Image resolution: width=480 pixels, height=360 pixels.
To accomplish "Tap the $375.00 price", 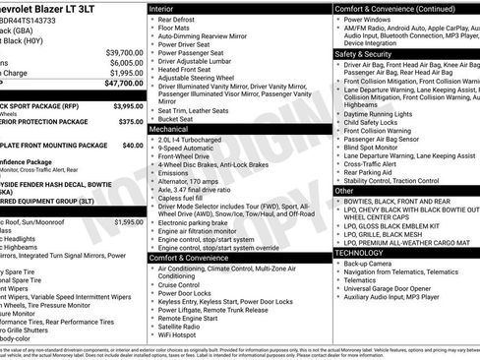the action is [x=130, y=122].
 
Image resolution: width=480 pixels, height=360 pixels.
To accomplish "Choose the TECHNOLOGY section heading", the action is [x=360, y=253].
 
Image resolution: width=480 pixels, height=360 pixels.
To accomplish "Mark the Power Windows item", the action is [x=370, y=19].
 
